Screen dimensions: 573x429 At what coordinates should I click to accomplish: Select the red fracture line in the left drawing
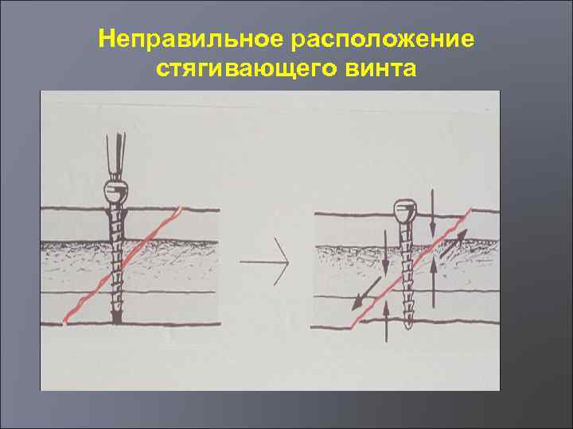[x=119, y=265]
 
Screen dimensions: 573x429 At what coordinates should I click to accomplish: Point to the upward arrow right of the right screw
[x=433, y=284]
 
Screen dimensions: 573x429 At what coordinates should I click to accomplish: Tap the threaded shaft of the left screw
[x=117, y=262]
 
